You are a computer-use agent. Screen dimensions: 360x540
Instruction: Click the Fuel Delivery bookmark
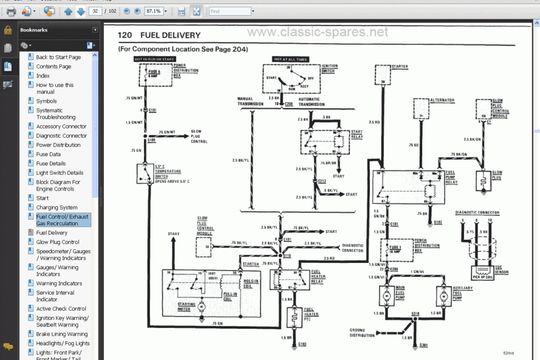pyautogui.click(x=52, y=233)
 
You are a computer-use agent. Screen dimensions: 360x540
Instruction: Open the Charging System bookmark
pyautogui.click(x=56, y=207)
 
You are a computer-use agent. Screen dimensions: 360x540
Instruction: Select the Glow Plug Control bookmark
pyautogui.click(x=57, y=242)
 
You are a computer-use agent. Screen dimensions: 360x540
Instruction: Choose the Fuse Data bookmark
pyautogui.click(x=48, y=154)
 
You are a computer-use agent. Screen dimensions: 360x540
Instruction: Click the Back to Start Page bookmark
pyautogui.click(x=58, y=57)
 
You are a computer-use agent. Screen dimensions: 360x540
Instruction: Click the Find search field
pyautogui.click(x=229, y=11)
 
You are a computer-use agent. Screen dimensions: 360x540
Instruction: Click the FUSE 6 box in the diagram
pyautogui.click(x=153, y=73)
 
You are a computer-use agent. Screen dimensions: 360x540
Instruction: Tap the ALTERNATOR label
pyautogui.click(x=442, y=100)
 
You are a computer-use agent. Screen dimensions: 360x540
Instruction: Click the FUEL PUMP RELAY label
pyautogui.click(x=451, y=177)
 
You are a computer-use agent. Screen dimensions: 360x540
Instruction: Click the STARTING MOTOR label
pyautogui.click(x=187, y=305)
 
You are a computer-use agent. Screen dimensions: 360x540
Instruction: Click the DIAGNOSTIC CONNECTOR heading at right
pyautogui.click(x=477, y=213)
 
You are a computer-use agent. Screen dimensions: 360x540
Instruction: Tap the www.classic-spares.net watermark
pyautogui.click(x=318, y=33)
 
